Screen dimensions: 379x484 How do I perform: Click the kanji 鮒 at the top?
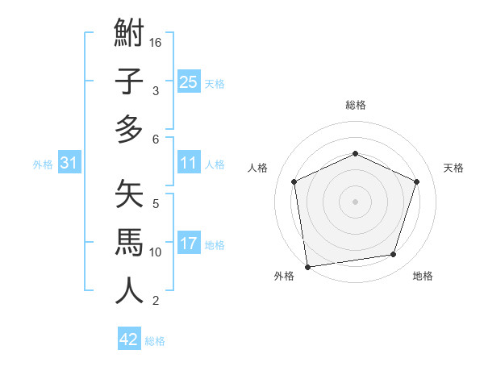pyautogui.click(x=129, y=35)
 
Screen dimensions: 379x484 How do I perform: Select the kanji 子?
pyautogui.click(x=129, y=81)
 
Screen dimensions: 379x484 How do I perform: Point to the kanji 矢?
pyautogui.click(x=129, y=194)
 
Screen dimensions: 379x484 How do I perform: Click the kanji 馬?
pyautogui.click(x=129, y=242)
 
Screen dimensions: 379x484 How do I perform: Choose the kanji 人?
pyautogui.click(x=129, y=290)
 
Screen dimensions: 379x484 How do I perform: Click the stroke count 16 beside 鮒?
pyautogui.click(x=156, y=42)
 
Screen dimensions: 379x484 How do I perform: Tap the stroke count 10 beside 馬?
pyautogui.click(x=156, y=252)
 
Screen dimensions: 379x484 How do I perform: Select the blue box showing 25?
pyautogui.click(x=189, y=82)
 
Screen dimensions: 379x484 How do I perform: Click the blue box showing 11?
pyautogui.click(x=189, y=164)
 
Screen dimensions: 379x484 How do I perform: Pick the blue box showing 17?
pyautogui.click(x=189, y=244)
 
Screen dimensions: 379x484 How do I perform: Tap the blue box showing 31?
pyautogui.click(x=69, y=164)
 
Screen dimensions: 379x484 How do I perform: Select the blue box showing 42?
pyautogui.click(x=129, y=339)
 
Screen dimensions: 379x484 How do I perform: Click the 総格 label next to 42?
pyautogui.click(x=156, y=341)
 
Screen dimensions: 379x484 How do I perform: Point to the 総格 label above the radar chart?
pyautogui.click(x=355, y=105)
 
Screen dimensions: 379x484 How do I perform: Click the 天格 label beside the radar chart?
pyautogui.click(x=454, y=168)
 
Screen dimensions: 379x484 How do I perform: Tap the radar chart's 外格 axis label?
pyautogui.click(x=284, y=277)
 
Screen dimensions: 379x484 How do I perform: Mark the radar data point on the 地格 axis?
pyautogui.click(x=394, y=255)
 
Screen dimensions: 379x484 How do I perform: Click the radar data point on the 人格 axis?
pyautogui.click(x=294, y=181)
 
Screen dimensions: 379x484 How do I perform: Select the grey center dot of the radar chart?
pyautogui.click(x=355, y=202)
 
